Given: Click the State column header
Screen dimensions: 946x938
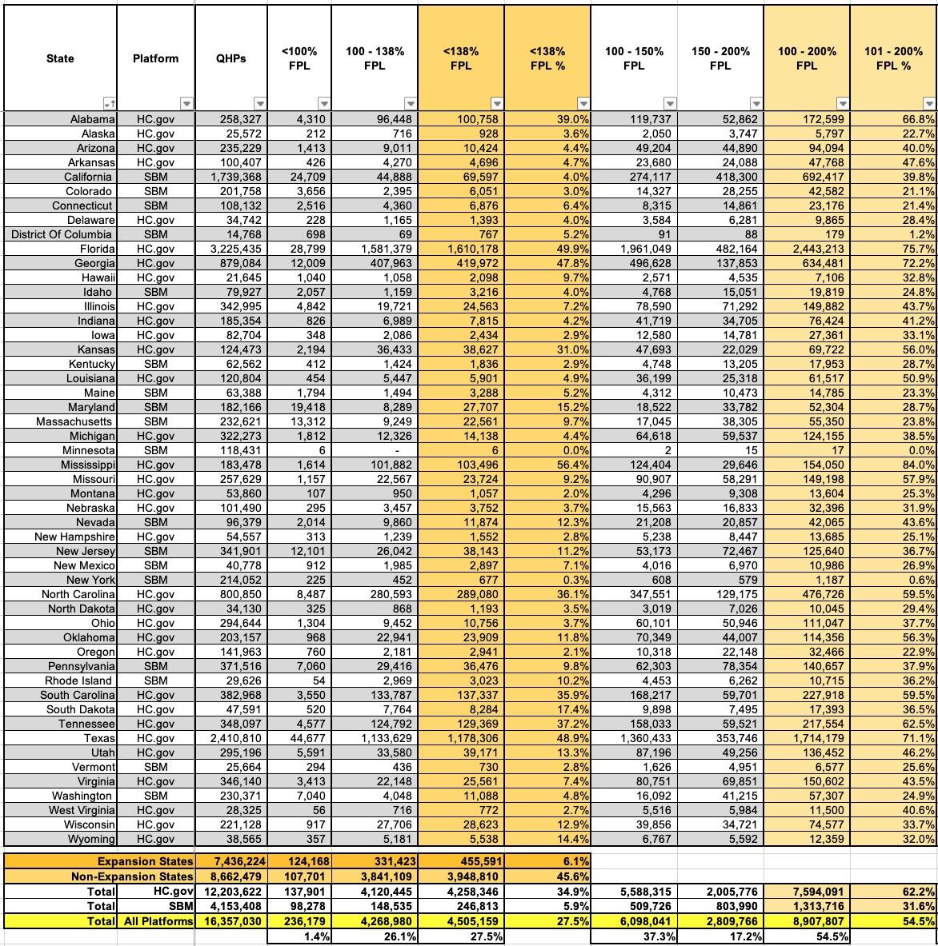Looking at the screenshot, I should point(60,58).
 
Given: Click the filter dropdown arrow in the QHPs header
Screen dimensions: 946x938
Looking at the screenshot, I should point(259,104).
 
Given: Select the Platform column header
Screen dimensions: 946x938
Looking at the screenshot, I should point(155,58).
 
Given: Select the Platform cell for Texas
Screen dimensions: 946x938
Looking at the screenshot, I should point(155,738).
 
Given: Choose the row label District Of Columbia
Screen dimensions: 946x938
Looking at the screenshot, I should point(62,234).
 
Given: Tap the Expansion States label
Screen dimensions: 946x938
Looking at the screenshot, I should point(145,861).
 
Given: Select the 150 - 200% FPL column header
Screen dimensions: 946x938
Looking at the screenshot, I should point(720,58).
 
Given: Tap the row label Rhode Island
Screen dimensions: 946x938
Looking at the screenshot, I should point(78,681).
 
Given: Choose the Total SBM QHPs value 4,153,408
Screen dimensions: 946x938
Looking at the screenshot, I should point(234,906).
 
